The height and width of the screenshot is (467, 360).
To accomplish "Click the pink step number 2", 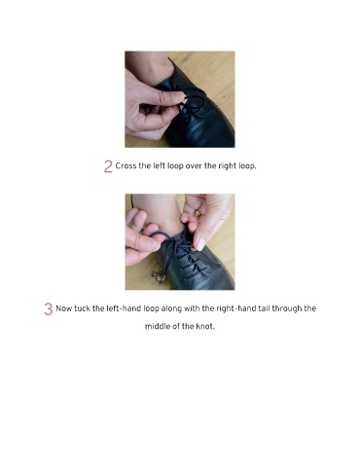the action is coord(108,166).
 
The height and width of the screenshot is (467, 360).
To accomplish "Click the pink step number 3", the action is coord(49,309).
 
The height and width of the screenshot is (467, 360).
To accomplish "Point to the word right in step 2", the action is coord(227,166).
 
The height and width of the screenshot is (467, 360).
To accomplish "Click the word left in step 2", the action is coord(159,165).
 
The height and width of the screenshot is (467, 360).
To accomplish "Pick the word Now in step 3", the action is coord(64,308).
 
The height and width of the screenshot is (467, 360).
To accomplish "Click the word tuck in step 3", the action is coord(82,308).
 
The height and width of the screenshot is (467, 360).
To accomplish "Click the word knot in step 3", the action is coord(204,326).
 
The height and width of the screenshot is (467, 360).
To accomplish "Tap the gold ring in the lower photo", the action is coord(198,213).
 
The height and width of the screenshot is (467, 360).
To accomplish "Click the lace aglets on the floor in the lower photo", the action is coord(158,277).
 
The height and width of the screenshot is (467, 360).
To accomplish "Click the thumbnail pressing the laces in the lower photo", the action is coord(200,244).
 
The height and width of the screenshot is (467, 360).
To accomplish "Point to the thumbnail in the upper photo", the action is coord(177,96).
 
